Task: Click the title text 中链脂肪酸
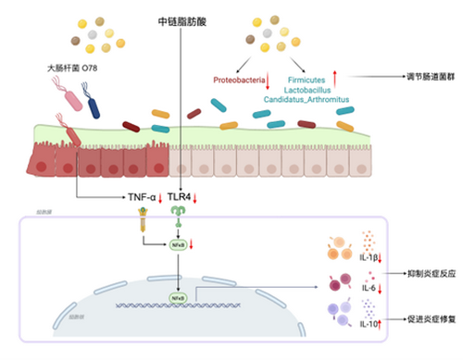pyautogui.click(x=183, y=19)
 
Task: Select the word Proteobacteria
pyautogui.click(x=238, y=81)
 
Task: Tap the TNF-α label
pyautogui.click(x=144, y=197)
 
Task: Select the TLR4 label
pyautogui.click(x=180, y=197)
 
